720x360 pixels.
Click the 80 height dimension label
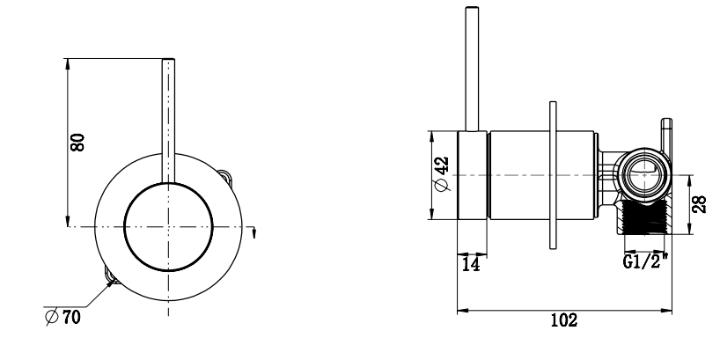tap(78, 142)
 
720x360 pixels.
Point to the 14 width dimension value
tap(471, 264)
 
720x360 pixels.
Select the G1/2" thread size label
tap(643, 262)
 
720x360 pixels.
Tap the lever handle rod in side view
tap(473, 70)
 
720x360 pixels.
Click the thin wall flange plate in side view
tap(552, 176)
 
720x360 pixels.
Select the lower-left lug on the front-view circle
tap(109, 277)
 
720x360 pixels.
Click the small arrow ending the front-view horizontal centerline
tap(254, 232)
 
